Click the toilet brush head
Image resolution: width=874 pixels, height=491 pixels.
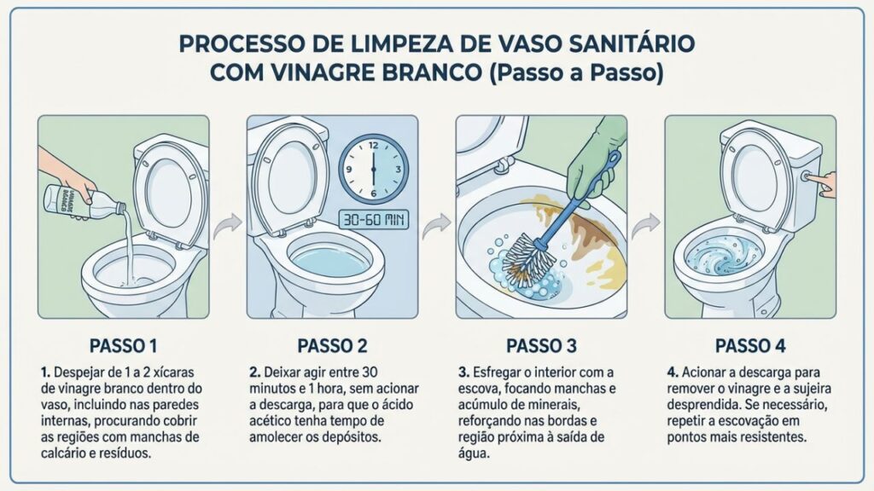click(525, 257)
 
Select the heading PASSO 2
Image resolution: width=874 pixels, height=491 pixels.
click(332, 346)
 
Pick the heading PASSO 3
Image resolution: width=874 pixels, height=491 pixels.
click(541, 346)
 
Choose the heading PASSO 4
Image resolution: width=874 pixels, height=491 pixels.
click(749, 346)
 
